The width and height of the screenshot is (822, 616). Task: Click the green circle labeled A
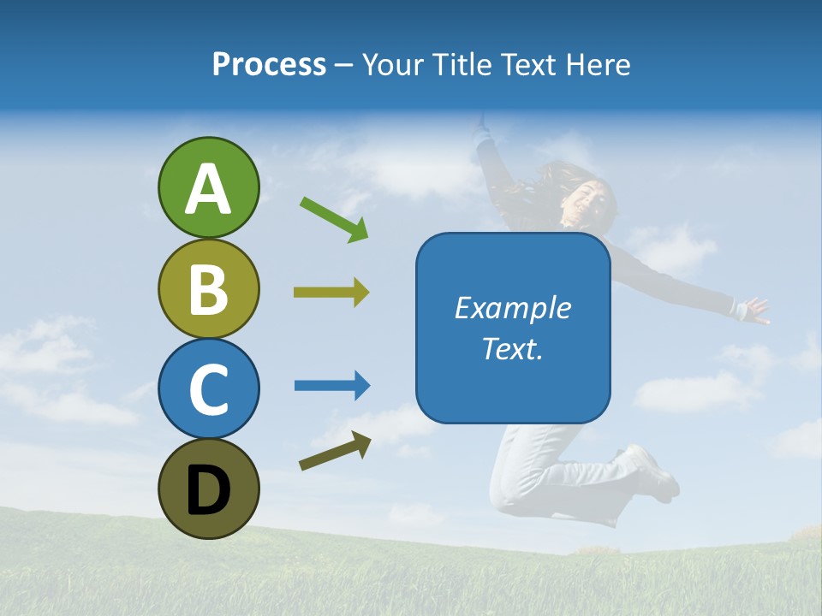[208, 187]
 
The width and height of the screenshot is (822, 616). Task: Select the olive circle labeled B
[208, 288]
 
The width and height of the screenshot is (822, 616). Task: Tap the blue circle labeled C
[208, 388]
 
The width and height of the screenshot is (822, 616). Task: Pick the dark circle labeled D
[208, 489]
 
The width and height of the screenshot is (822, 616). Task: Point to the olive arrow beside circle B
[331, 293]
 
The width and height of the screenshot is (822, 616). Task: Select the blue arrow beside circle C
[332, 386]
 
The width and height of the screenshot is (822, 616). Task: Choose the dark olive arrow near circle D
[335, 451]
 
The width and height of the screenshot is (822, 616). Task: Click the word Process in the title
[269, 65]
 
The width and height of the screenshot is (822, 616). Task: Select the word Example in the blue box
[512, 308]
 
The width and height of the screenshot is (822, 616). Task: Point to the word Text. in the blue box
[512, 349]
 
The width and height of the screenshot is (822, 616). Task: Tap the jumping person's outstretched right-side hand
[754, 310]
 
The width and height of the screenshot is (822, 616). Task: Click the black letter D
[208, 490]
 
